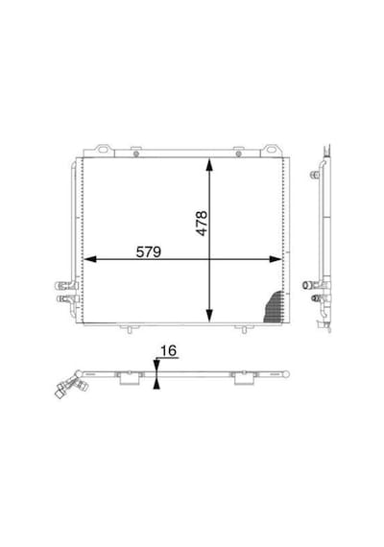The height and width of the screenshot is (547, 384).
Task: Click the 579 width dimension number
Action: pyautogui.click(x=149, y=251)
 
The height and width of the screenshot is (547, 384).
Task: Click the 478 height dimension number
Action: pyautogui.click(x=202, y=224)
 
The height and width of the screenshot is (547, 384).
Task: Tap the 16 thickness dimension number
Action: pyautogui.click(x=169, y=350)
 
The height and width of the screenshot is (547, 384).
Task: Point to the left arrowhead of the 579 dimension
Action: pyautogui.click(x=90, y=259)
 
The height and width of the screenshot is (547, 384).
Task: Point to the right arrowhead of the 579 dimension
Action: pyautogui.click(x=276, y=259)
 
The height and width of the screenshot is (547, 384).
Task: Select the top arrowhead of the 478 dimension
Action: pyautogui.click(x=209, y=164)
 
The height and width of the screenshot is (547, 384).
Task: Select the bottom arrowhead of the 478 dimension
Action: pyautogui.click(x=209, y=316)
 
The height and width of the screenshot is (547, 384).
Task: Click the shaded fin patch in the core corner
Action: pyautogui.click(x=275, y=307)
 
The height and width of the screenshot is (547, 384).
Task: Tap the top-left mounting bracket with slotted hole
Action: pyautogui.click(x=104, y=151)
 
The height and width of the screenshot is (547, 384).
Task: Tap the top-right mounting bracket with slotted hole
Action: pyautogui.click(x=271, y=151)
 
